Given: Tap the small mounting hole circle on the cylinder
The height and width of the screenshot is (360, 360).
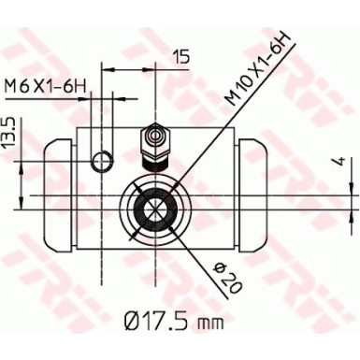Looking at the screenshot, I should click(101, 166).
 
